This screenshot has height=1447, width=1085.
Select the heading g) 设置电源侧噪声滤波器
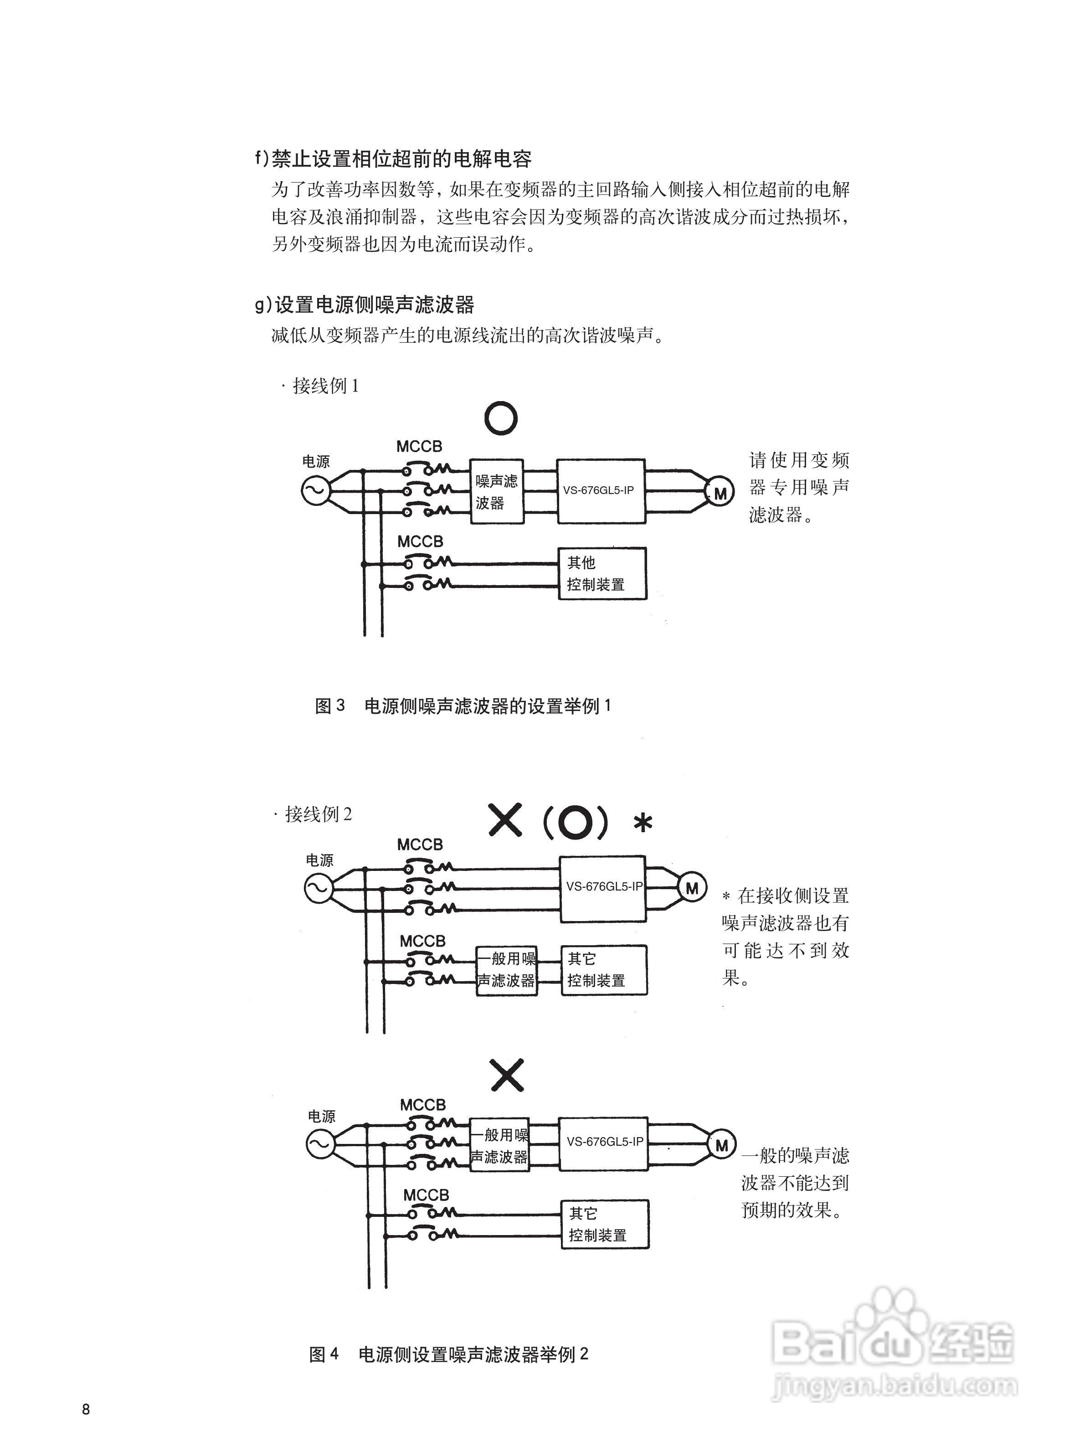pos(364,304)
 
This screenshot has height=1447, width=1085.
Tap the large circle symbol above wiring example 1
pos(501,417)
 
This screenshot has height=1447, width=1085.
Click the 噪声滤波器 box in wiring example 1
pos(497,491)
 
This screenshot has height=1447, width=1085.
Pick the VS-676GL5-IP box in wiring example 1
pos(601,491)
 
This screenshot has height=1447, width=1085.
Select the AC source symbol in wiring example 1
pos(314,491)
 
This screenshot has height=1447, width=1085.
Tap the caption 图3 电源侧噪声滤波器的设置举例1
pos(463,706)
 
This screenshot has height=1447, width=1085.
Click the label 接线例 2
pos(315,814)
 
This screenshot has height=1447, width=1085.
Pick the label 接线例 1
pos(322,386)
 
